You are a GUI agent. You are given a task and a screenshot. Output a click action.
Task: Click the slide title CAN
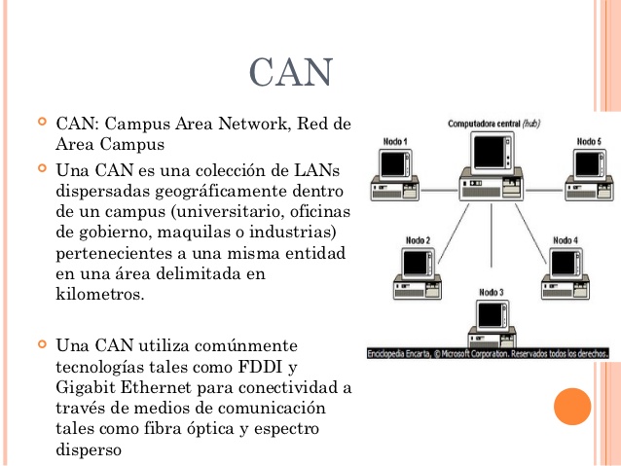click(x=291, y=73)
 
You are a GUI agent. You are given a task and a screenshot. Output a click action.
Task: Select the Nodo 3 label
click(x=492, y=292)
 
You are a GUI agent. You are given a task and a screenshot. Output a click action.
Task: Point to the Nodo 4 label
click(x=566, y=239)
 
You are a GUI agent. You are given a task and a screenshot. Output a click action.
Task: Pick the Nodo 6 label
click(x=588, y=142)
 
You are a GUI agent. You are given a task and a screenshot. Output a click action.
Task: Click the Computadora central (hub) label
click(x=493, y=125)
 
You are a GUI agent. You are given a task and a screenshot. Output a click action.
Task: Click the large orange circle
click(x=572, y=406)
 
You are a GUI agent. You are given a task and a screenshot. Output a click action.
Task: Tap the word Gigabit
click(x=86, y=387)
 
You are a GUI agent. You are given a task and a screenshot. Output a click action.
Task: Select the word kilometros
click(x=100, y=294)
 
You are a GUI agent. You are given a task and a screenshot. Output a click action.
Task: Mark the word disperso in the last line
click(x=89, y=449)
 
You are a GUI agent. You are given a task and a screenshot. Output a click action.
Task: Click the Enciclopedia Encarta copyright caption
click(x=488, y=353)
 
